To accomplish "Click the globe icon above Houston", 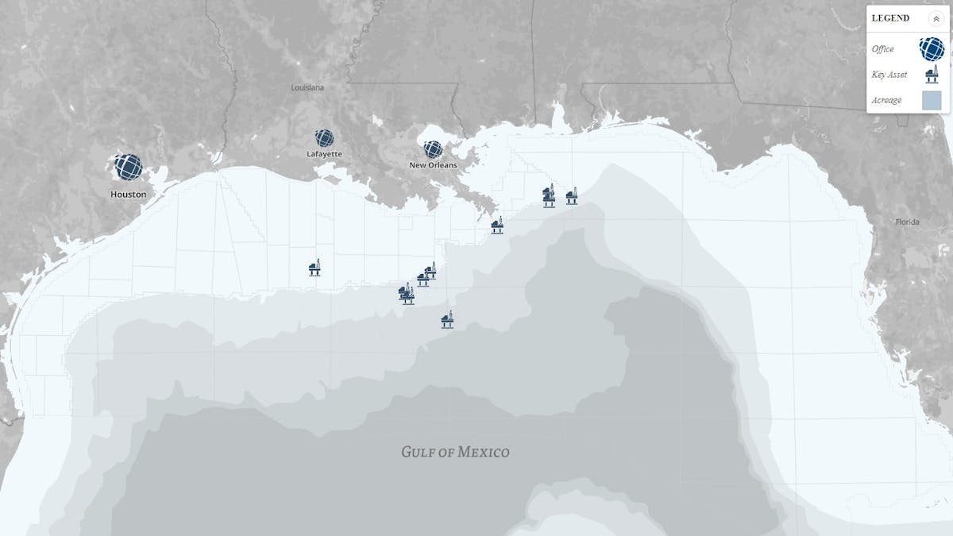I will [x=128, y=168].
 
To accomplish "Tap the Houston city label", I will [x=128, y=194].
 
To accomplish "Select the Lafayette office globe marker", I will [x=324, y=139].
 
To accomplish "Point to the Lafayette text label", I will [x=324, y=154].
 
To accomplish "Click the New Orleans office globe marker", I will [x=433, y=149].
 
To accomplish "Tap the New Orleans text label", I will [x=433, y=165].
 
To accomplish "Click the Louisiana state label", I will [x=307, y=87].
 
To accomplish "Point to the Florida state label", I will [x=907, y=222].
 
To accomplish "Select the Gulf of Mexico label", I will [x=455, y=453].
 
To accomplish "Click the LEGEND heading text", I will [x=890, y=18].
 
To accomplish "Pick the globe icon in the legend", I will [x=931, y=48].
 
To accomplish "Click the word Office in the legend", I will [x=882, y=49].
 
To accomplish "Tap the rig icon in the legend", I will [x=931, y=75].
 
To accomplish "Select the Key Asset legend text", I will [x=889, y=75].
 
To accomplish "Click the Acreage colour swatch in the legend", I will [x=931, y=100].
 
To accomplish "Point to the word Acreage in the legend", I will [x=886, y=100].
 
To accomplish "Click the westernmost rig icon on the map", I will [x=314, y=267].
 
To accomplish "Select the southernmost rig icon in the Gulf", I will [x=447, y=319].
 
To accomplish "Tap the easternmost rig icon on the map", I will [x=571, y=196].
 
